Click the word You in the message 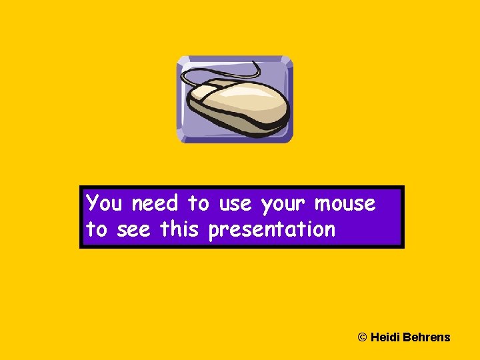coord(107,203)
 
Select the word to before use coord(198,203)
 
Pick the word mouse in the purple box coord(345,203)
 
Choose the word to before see coord(97,230)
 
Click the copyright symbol coord(363,337)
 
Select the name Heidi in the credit coord(385,337)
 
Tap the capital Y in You coord(93,202)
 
